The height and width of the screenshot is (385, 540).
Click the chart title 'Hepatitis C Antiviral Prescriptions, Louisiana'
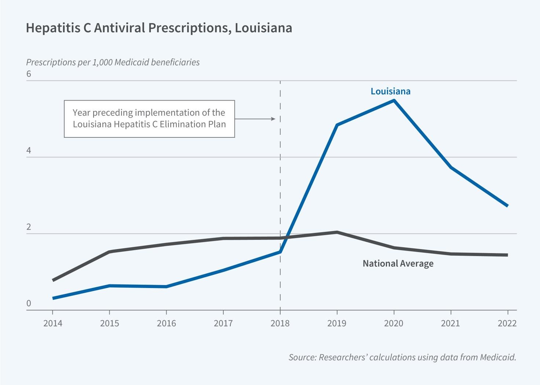click(x=159, y=28)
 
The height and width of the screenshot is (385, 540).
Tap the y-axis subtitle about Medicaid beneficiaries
click(x=113, y=62)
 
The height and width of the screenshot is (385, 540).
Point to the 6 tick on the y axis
click(x=29, y=74)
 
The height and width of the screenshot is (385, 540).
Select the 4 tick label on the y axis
click(x=29, y=151)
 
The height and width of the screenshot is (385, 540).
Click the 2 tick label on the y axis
click(x=29, y=227)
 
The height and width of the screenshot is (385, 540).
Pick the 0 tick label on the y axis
click(x=29, y=304)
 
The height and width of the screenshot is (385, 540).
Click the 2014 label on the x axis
click(x=53, y=323)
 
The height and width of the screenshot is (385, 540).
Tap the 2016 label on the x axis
click(x=166, y=323)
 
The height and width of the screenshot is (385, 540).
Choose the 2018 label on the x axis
click(x=280, y=323)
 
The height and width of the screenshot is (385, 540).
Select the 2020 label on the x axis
click(x=394, y=323)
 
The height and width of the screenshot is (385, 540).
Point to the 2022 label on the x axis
click(x=507, y=323)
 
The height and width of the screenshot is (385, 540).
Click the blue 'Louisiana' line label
click(x=390, y=91)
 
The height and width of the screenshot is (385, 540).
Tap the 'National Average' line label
click(x=398, y=263)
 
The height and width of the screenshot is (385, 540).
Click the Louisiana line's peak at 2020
click(x=394, y=100)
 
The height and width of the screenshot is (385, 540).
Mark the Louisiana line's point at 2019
click(x=337, y=125)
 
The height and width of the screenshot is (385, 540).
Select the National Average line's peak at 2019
click(x=337, y=232)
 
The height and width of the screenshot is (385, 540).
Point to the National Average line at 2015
click(x=109, y=252)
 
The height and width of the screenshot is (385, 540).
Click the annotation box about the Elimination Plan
click(x=149, y=119)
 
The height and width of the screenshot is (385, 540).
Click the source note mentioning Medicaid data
click(x=402, y=357)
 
